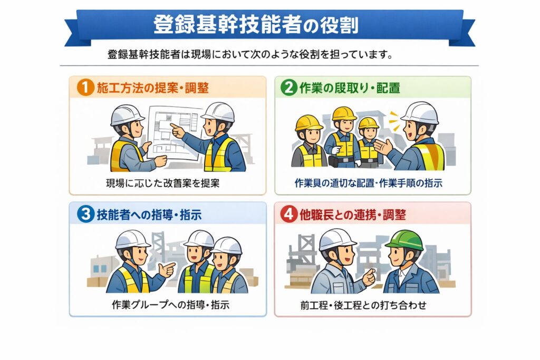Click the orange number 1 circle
tap(85, 87)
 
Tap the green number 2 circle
tap(288, 87)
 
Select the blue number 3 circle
tap(85, 214)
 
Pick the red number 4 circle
tap(288, 214)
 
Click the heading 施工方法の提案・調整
tap(153, 88)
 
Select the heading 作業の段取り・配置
tap(350, 88)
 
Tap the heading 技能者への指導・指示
tap(149, 215)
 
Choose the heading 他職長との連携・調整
tap(353, 215)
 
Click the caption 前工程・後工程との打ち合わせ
tap(363, 305)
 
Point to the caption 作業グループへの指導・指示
tap(170, 305)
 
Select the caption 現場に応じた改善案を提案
tap(162, 183)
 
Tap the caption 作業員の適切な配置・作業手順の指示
tap(369, 183)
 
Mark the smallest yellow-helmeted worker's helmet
tap(368, 123)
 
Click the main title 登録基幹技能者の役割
tap(256, 24)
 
